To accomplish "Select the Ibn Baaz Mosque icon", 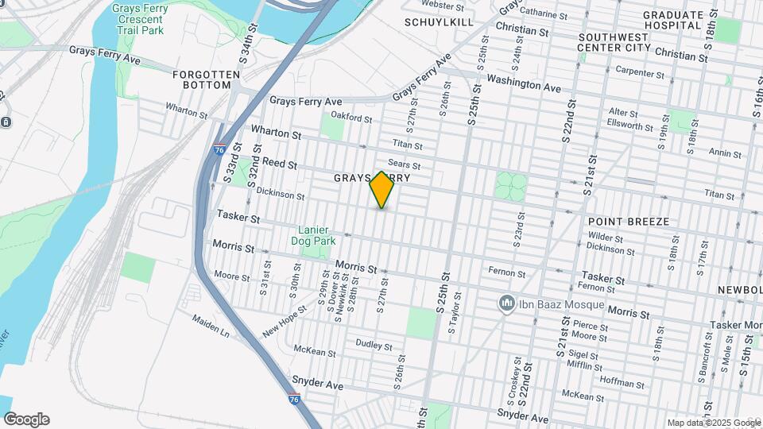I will click(505, 304).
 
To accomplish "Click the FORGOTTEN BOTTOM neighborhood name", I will click(206, 79).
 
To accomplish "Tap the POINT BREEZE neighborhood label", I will click(629, 221).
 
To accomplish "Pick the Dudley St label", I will click(374, 346).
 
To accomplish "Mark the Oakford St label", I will click(351, 119).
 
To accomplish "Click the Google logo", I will click(26, 419).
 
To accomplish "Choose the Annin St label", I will click(726, 153).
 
